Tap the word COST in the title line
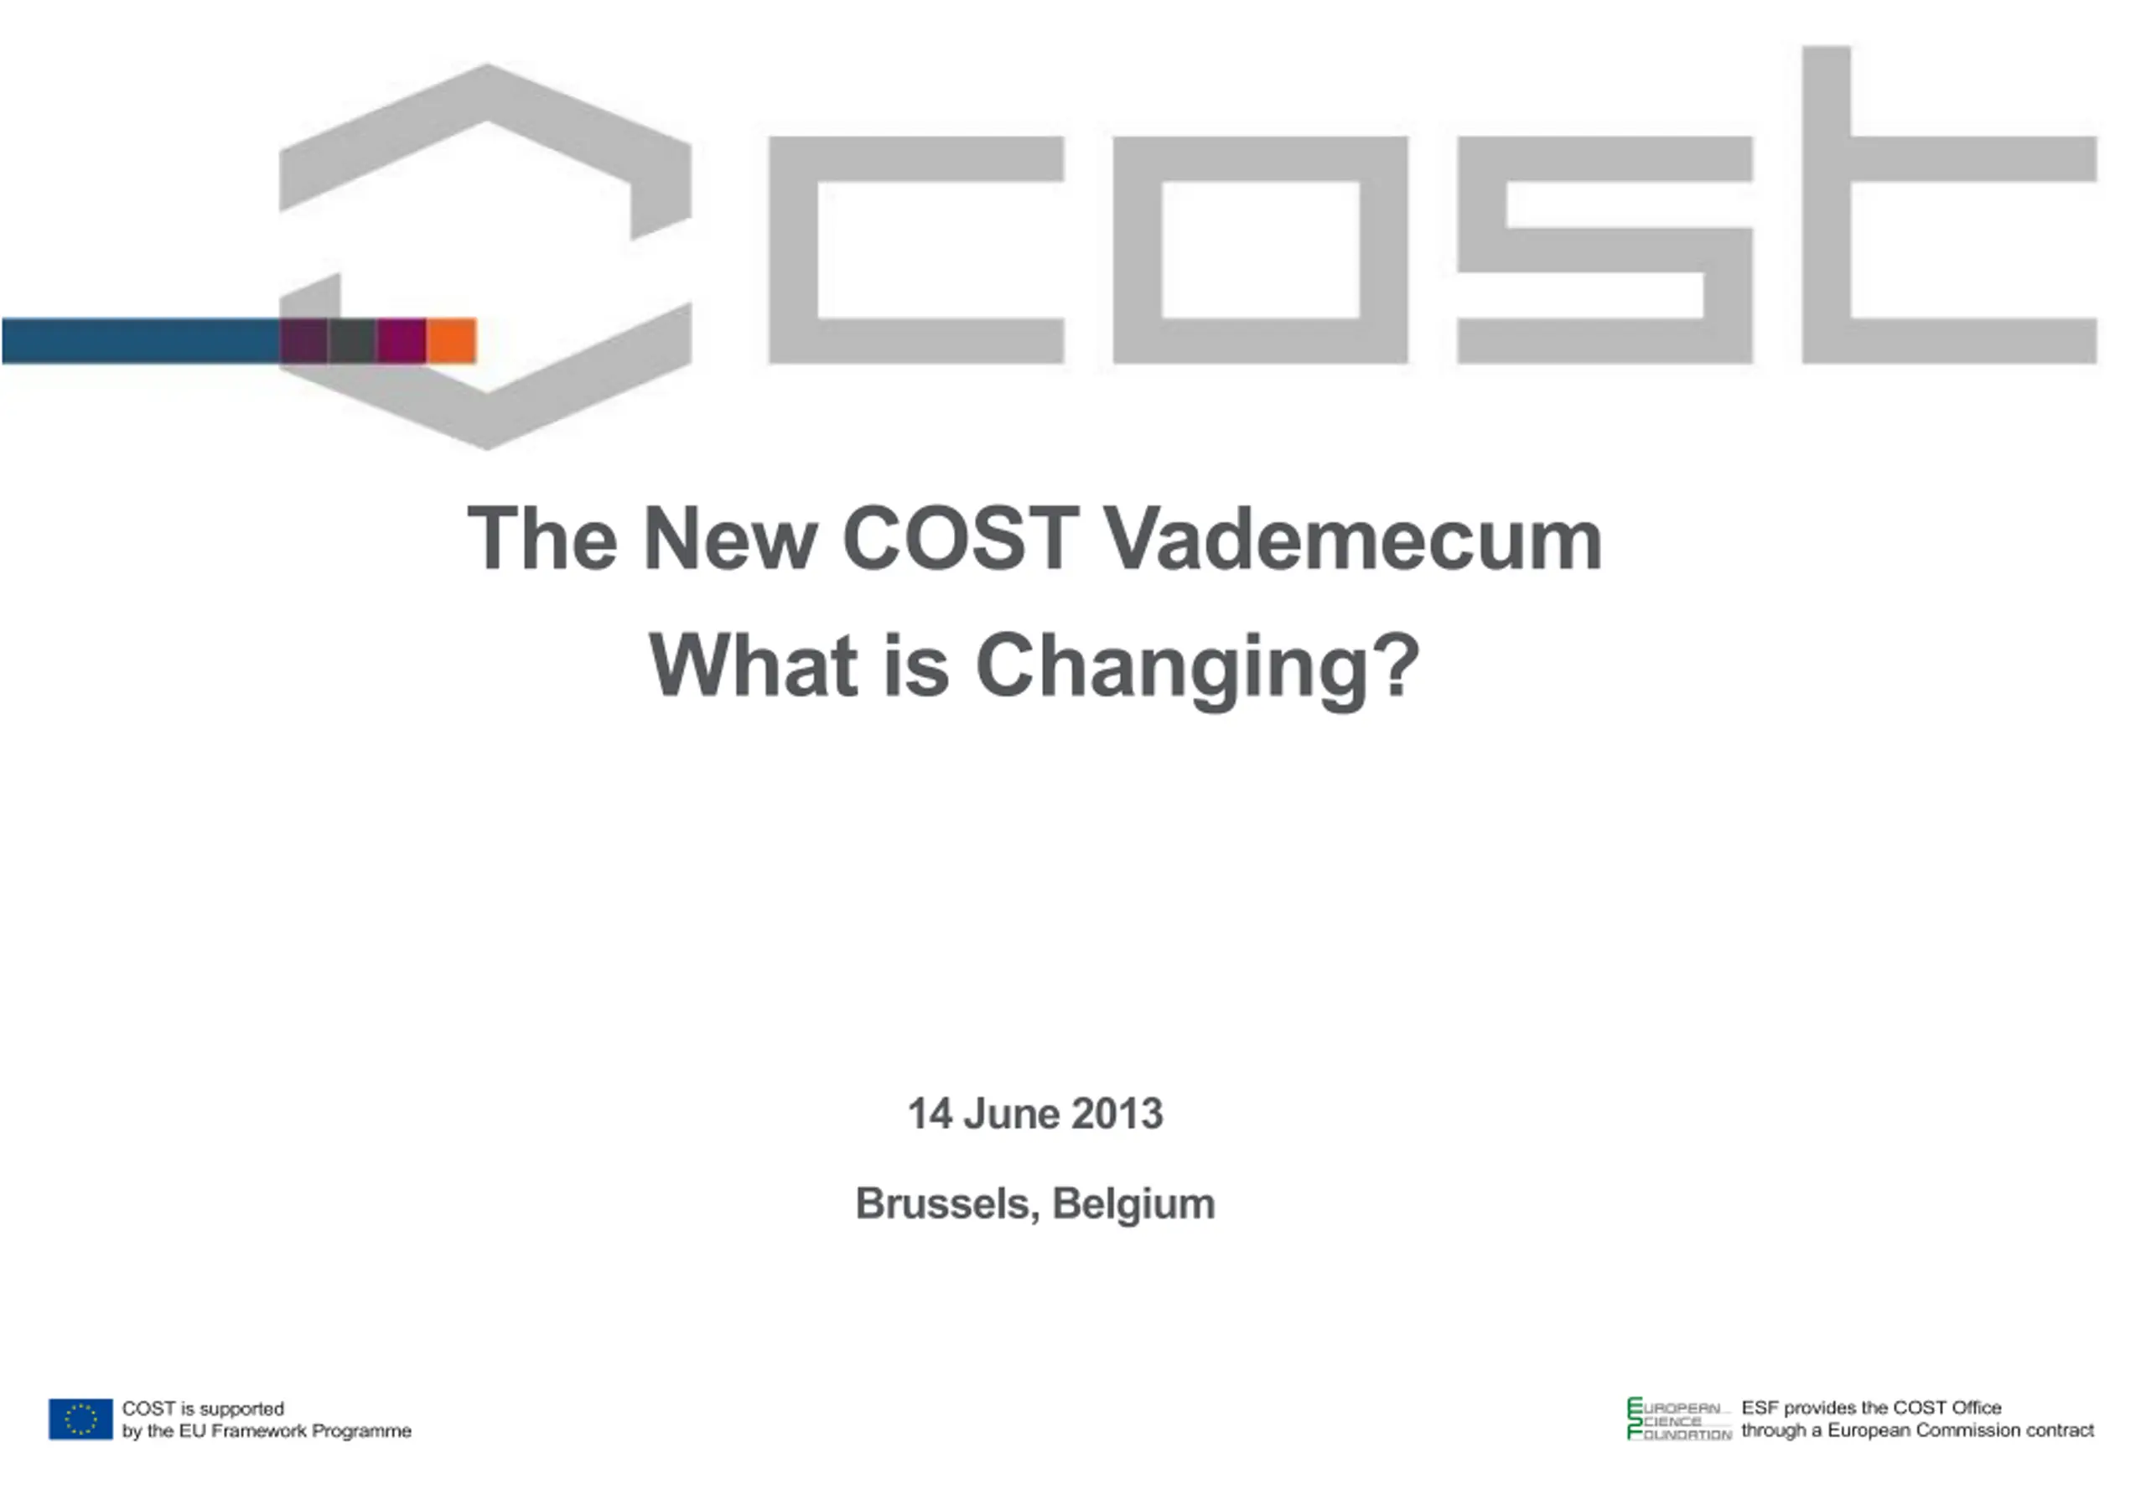pyautogui.click(x=961, y=539)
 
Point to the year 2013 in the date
pyautogui.click(x=1117, y=1114)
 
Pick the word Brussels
pyautogui.click(x=946, y=1204)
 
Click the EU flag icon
pyautogui.click(x=81, y=1419)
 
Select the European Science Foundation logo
pyautogui.click(x=1679, y=1419)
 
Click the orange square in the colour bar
pyautogui.click(x=451, y=340)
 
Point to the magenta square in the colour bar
pyautogui.click(x=402, y=340)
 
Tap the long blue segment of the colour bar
pyautogui.click(x=142, y=340)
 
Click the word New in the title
pyautogui.click(x=730, y=539)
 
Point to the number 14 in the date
pyautogui.click(x=930, y=1114)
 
